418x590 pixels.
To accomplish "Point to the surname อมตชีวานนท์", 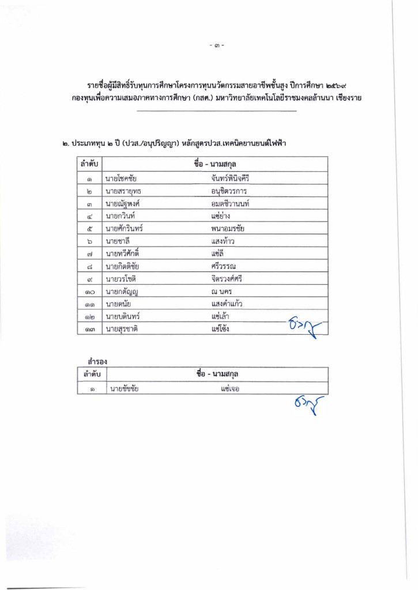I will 230,204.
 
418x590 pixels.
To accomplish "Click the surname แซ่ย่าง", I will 221,216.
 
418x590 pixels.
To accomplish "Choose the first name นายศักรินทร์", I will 124,229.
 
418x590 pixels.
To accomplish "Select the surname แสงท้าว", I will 223,241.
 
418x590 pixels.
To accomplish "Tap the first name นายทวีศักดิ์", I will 123,254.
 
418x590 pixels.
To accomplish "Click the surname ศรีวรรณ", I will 224,266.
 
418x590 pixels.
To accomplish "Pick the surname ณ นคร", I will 222,292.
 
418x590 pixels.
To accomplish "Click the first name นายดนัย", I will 118,304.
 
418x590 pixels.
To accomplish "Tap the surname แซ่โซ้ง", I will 222,329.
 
